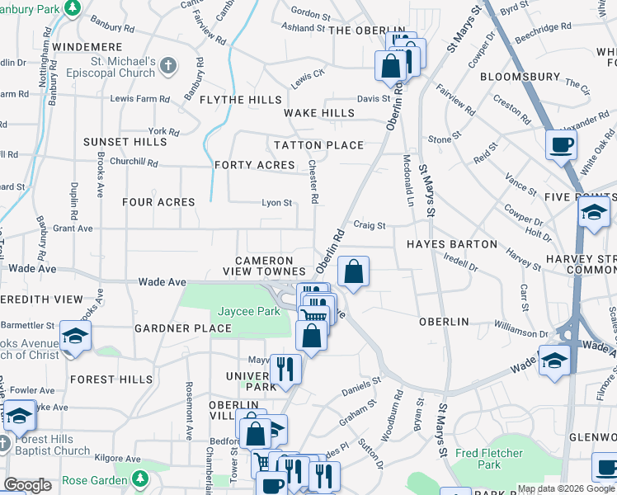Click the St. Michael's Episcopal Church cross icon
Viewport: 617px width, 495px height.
click(x=167, y=65)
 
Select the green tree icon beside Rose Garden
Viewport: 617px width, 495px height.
click(x=140, y=478)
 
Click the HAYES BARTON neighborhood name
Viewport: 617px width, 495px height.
click(x=452, y=244)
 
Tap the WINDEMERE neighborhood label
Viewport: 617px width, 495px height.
click(x=87, y=47)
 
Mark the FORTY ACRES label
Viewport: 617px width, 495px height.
click(x=254, y=165)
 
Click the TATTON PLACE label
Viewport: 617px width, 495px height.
click(x=319, y=145)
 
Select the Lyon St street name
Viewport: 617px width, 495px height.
click(x=276, y=202)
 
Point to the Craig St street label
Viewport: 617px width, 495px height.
click(x=370, y=224)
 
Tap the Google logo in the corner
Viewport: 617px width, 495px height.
click(x=27, y=485)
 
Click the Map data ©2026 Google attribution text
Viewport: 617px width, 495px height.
click(x=566, y=488)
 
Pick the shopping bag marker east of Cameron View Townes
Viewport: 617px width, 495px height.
click(x=353, y=271)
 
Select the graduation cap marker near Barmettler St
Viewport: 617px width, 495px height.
click(x=75, y=336)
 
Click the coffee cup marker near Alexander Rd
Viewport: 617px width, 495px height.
click(x=562, y=145)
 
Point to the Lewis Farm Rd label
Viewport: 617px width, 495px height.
click(x=139, y=98)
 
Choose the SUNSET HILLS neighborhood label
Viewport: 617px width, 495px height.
click(x=125, y=142)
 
